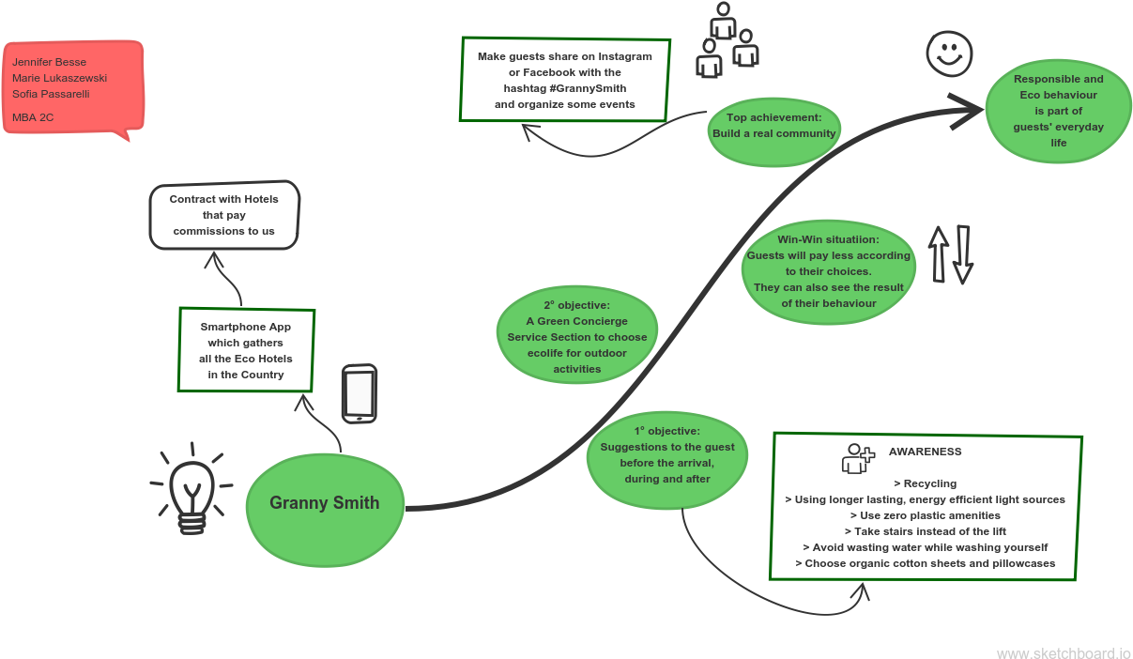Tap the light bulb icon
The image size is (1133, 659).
click(x=191, y=490)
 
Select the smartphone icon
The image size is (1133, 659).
click(x=359, y=393)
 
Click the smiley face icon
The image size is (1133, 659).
click(x=949, y=54)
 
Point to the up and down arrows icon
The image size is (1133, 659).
click(x=950, y=254)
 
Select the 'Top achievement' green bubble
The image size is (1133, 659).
click(x=773, y=126)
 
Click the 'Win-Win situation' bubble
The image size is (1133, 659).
click(x=828, y=271)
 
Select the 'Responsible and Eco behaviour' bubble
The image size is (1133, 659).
click(x=1058, y=111)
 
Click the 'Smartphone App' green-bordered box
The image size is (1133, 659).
click(x=246, y=350)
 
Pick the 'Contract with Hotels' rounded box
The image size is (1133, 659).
click(x=224, y=215)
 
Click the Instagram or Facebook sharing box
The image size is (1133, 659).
click(x=565, y=80)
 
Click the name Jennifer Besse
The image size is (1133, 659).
click(x=49, y=62)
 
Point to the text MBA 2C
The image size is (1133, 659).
click(x=33, y=118)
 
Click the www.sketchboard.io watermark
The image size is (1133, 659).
click(x=1063, y=652)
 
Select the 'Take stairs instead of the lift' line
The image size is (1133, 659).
click(x=924, y=531)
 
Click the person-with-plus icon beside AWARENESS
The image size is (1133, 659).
click(x=857, y=458)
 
